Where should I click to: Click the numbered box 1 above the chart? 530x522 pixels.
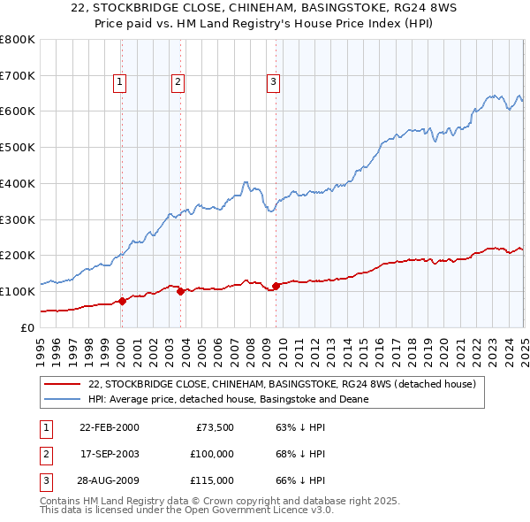click(x=119, y=82)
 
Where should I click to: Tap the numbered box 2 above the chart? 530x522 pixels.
click(x=178, y=82)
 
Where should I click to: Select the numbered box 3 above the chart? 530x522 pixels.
click(x=273, y=82)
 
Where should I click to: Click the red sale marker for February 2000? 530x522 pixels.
click(x=123, y=301)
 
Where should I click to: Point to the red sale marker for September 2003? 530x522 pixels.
click(x=180, y=291)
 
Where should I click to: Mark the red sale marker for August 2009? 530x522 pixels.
click(x=276, y=286)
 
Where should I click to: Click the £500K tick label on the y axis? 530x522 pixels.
click(x=17, y=148)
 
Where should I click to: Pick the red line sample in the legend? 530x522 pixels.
click(x=63, y=384)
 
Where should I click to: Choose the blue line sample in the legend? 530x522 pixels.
click(x=63, y=399)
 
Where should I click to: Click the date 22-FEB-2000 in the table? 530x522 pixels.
click(x=110, y=427)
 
